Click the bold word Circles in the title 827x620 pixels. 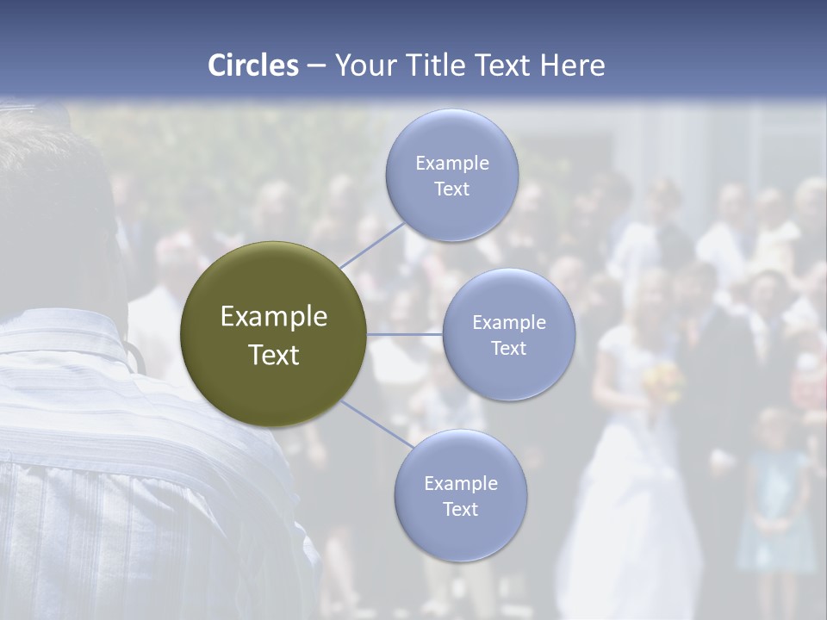(x=252, y=65)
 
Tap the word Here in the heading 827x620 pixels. (x=572, y=65)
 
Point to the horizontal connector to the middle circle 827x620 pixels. (x=405, y=334)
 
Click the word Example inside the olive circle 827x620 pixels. (x=273, y=317)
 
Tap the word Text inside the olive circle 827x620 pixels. (x=273, y=355)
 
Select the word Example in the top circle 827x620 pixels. (x=451, y=163)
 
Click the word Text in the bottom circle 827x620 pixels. (x=460, y=509)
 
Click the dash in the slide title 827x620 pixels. (x=316, y=66)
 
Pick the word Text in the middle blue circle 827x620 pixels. (x=508, y=348)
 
